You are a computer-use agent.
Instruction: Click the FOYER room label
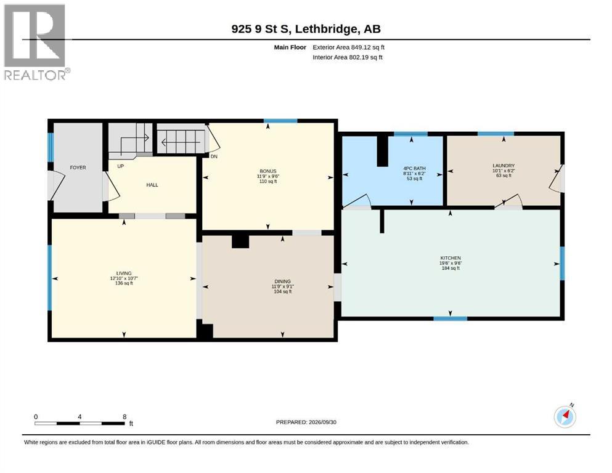click(78, 168)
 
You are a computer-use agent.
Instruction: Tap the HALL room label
click(152, 185)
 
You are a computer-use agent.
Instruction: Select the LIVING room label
click(124, 273)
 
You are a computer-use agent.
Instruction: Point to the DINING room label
click(283, 281)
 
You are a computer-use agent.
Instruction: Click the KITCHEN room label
click(451, 258)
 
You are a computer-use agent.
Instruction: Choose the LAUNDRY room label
click(504, 166)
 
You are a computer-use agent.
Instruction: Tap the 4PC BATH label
click(415, 169)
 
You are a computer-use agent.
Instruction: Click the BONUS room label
click(268, 171)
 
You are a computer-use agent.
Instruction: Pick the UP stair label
click(121, 166)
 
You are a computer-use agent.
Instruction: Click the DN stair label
click(214, 157)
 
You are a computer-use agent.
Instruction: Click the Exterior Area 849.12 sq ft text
click(349, 47)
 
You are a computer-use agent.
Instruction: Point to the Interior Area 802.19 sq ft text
click(348, 57)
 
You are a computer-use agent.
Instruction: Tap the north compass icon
click(565, 416)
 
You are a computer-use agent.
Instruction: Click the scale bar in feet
click(80, 423)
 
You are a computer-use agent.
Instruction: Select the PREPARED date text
click(306, 422)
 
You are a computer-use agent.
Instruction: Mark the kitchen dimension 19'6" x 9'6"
click(451, 263)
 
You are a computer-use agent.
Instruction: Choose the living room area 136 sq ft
click(124, 283)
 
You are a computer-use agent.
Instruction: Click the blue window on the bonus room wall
click(280, 121)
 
